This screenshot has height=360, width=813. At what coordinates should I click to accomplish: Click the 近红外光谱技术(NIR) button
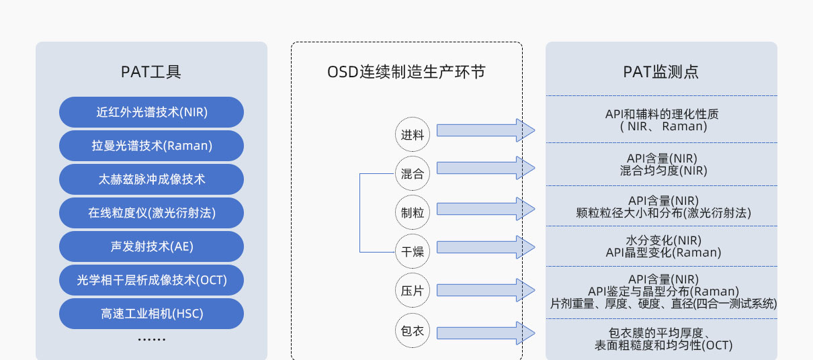(151, 112)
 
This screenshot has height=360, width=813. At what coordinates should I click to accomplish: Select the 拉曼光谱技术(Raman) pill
(151, 146)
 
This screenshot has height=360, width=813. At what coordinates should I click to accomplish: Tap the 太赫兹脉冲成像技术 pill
(151, 179)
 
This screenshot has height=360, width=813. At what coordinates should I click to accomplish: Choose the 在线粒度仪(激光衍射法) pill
(151, 213)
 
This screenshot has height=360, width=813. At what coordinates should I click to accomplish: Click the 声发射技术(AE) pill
(151, 246)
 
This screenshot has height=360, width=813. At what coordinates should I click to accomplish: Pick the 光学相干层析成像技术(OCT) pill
(151, 280)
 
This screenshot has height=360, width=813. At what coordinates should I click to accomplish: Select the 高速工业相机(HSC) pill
(151, 314)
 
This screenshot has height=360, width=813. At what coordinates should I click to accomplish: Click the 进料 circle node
(413, 134)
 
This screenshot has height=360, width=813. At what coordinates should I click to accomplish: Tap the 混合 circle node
(413, 173)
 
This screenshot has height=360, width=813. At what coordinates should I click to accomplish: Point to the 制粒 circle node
(413, 212)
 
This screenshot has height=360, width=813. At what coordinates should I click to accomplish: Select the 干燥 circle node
(413, 251)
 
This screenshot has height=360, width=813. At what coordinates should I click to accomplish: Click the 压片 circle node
(413, 290)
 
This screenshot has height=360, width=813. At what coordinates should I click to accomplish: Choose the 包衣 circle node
(413, 330)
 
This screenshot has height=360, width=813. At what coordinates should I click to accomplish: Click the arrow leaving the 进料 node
(486, 130)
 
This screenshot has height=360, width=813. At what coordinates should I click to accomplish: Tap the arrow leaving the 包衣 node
(486, 333)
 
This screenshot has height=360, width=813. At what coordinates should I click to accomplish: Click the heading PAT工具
(151, 72)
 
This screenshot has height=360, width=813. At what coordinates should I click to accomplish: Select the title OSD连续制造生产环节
(406, 72)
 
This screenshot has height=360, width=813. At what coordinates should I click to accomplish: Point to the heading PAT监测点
(661, 72)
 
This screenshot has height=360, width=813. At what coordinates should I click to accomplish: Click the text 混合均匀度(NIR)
(663, 171)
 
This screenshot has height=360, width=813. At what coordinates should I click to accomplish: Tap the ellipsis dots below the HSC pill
(152, 339)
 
